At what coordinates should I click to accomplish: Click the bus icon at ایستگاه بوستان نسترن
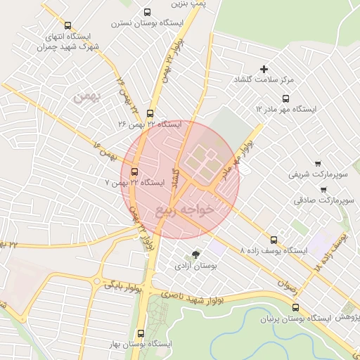point(146,12)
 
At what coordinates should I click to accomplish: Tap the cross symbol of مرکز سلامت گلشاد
point(264,69)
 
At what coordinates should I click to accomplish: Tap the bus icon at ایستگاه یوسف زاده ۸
point(274,240)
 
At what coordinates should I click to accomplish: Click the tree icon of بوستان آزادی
point(195,255)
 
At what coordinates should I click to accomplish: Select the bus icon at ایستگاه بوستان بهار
point(141,333)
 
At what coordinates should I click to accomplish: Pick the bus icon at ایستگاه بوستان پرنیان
point(295,307)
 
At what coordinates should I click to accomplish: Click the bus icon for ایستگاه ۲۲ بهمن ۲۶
point(149,113)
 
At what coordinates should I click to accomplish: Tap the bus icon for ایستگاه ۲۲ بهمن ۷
point(134,171)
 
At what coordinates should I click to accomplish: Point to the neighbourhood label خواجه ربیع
point(185,210)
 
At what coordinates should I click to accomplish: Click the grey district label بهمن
point(88,96)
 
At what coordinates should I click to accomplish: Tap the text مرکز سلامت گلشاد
point(263,80)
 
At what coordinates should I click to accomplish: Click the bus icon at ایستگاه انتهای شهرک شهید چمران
point(67,25)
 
